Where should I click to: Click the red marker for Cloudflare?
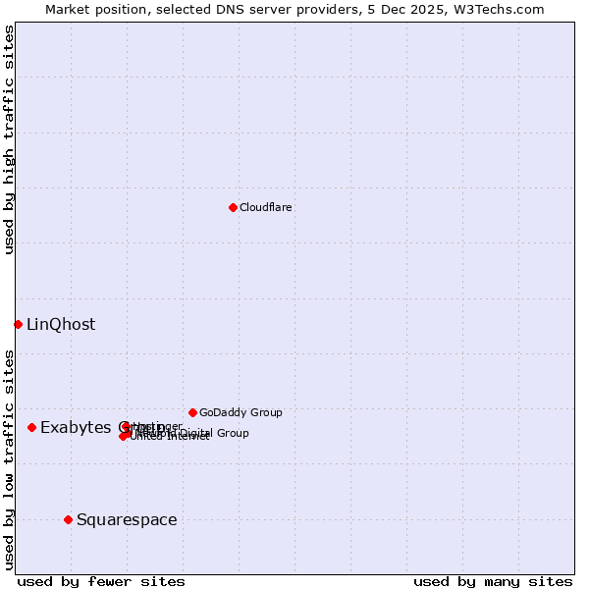(233, 207)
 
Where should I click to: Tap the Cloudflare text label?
(265, 207)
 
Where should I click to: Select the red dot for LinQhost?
(18, 324)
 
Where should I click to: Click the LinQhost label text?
(61, 325)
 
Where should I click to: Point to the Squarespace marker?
(68, 519)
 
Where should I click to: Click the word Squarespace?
(127, 520)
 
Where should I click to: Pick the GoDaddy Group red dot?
(192, 412)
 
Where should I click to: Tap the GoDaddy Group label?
(241, 412)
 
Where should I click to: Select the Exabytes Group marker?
(32, 427)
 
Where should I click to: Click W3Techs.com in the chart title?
(504, 9)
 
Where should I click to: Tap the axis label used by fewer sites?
(101, 582)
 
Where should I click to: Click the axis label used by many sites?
(492, 582)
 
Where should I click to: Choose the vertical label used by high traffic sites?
(9, 139)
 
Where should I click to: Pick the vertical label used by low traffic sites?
(9, 457)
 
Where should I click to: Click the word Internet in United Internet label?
(188, 437)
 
